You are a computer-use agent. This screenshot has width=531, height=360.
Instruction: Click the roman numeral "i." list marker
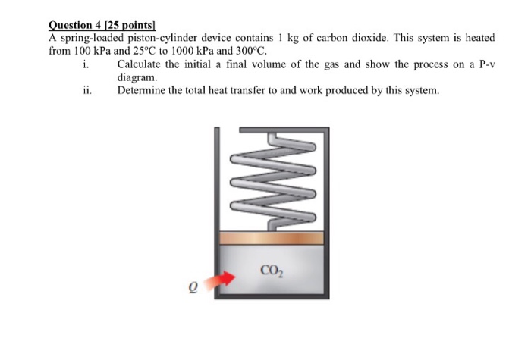click(x=84, y=64)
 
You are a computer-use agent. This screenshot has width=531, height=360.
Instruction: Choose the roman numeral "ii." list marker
click(x=86, y=91)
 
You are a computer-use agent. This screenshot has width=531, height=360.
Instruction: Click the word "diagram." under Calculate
click(x=137, y=77)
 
